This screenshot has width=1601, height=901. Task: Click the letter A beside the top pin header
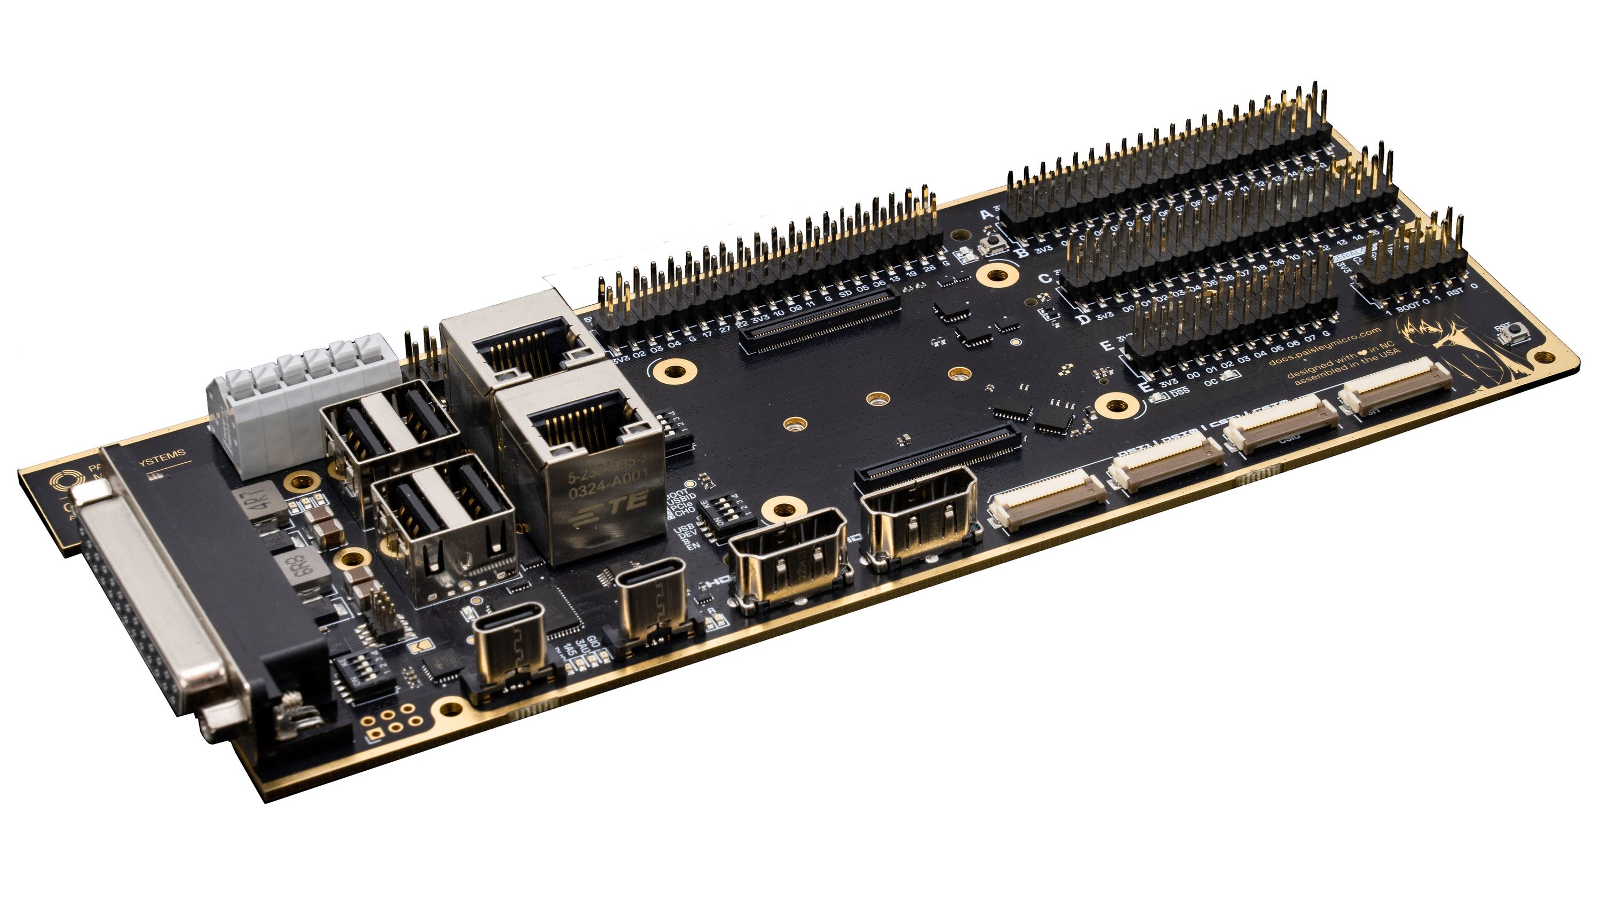pos(987,215)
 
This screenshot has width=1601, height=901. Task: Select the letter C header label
pos(1045,279)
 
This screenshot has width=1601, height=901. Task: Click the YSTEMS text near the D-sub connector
pos(162,456)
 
